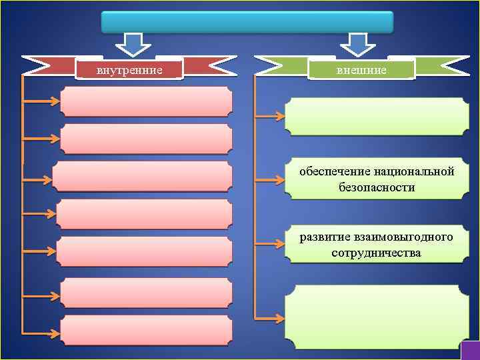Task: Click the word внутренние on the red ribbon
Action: tap(129, 69)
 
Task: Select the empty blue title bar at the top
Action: tap(247, 21)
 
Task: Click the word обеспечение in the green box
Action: tap(331, 172)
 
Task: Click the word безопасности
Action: tap(377, 187)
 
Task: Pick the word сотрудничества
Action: tap(376, 253)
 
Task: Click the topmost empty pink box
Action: tap(147, 102)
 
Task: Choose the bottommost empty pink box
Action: tap(147, 330)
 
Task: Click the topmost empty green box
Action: tap(377, 117)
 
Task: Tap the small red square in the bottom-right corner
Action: tap(469, 350)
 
